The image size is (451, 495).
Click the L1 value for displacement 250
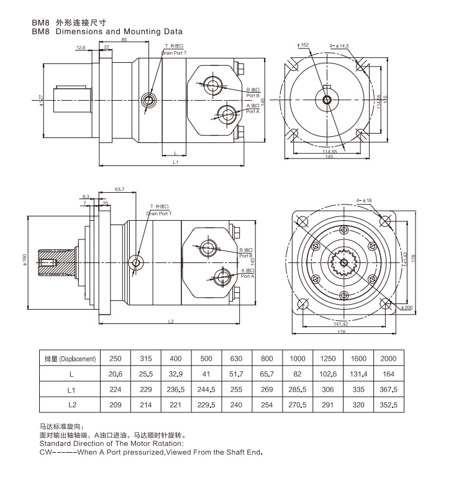[116, 389]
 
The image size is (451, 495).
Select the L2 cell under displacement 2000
[388, 405]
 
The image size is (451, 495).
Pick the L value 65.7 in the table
[267, 374]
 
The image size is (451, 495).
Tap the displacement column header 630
[237, 359]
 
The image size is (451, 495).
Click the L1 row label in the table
[71, 389]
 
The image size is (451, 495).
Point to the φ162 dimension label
[303, 45]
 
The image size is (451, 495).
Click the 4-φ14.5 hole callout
[340, 45]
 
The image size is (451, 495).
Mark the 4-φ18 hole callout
[365, 200]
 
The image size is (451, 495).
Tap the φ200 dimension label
[408, 308]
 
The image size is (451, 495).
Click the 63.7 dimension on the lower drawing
[120, 189]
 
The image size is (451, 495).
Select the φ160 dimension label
[24, 257]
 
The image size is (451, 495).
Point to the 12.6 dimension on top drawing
[81, 47]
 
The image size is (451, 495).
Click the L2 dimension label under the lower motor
[171, 322]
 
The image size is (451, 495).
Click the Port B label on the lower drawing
[246, 256]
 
